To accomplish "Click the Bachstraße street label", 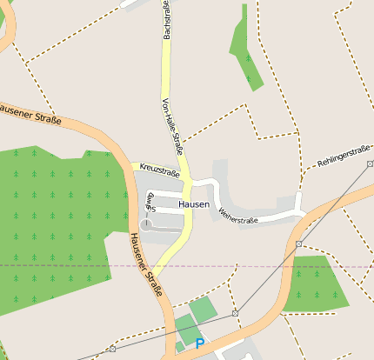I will coord(166,21).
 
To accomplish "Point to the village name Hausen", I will coord(194,204).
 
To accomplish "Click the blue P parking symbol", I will coord(200,343).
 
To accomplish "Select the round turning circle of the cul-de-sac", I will coord(147,225).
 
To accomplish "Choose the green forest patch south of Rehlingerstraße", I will coord(315,283).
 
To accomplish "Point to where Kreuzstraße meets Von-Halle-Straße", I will coord(184,168).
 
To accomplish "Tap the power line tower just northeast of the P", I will coord(235,312).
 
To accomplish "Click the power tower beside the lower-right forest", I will coord(298,244).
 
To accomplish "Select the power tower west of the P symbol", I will coord(112,349).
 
